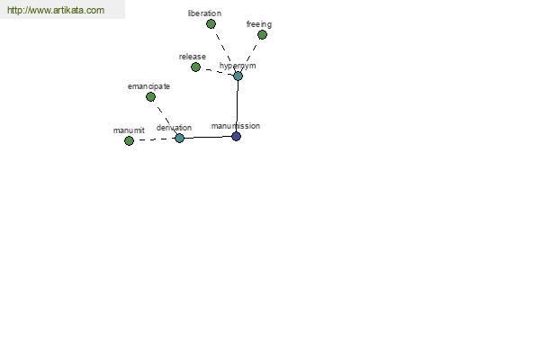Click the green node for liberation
coord(211,23)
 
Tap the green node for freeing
coord(262,34)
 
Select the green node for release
coord(195,67)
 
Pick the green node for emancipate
coord(150,97)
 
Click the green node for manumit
coord(129,140)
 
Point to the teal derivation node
coord(179,138)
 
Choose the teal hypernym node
coord(238,76)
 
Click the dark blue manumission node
coord(236,136)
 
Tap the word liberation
coord(204,13)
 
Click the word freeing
coord(259,24)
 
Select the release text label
coord(193,57)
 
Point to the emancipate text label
coord(148,86)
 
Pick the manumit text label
coord(129,130)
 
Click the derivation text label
coord(174,128)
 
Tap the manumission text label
coord(236,126)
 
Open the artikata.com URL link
coord(56,10)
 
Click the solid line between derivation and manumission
coord(208,137)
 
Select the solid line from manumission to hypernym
coord(237,106)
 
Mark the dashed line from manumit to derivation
coord(154,139)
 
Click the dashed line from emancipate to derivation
coord(165,118)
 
